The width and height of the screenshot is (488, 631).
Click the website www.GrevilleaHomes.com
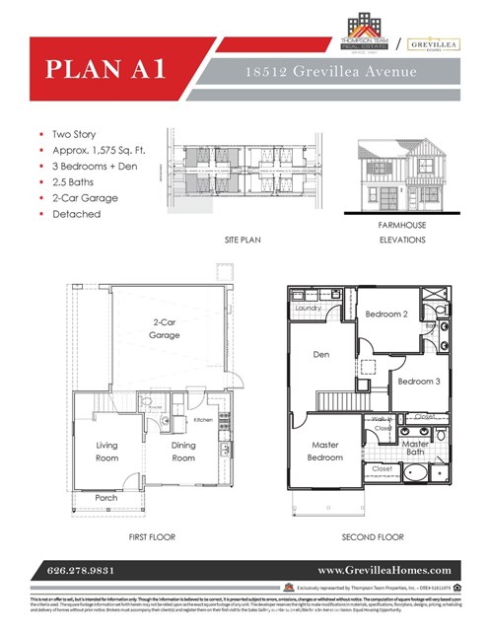tap(384, 571)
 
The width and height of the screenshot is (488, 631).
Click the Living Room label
tap(106, 452)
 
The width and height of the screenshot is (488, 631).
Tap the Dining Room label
tap(183, 452)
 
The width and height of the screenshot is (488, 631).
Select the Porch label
tap(106, 498)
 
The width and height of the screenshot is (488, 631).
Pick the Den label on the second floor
tap(321, 354)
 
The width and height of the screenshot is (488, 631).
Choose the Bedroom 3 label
tap(417, 382)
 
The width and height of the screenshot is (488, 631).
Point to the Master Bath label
tap(415, 449)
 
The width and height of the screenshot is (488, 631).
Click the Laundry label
tap(309, 309)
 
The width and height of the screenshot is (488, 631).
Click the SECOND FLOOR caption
tap(373, 537)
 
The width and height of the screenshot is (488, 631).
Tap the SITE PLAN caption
tap(241, 241)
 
